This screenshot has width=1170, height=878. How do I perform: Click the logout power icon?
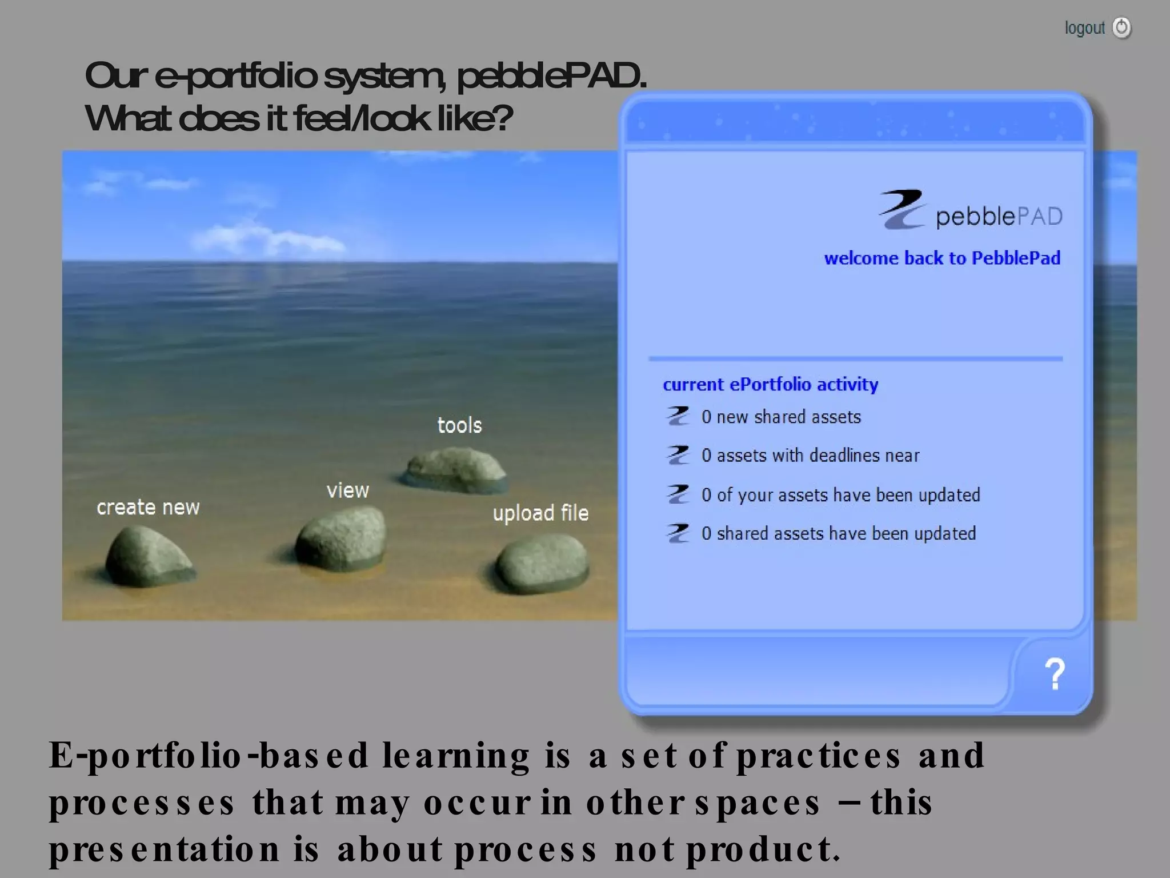pyautogui.click(x=1121, y=27)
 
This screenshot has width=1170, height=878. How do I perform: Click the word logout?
pyautogui.click(x=1084, y=28)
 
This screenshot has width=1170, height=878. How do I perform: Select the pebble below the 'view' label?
pyautogui.click(x=342, y=538)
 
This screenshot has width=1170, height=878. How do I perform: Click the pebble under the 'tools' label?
pyautogui.click(x=455, y=469)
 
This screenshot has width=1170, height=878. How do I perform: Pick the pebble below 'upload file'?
pyautogui.click(x=542, y=564)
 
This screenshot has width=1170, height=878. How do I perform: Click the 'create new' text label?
pyautogui.click(x=148, y=508)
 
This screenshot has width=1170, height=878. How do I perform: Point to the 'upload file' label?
pyautogui.click(x=540, y=513)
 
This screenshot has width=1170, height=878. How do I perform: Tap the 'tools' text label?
pyautogui.click(x=459, y=425)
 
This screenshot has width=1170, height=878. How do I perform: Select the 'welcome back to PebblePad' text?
pyautogui.click(x=941, y=258)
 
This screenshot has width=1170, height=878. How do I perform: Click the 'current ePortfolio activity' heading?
pyautogui.click(x=770, y=385)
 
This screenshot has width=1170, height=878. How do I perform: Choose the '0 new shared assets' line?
pyautogui.click(x=781, y=417)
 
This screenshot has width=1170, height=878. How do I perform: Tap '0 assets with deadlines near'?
pyautogui.click(x=810, y=456)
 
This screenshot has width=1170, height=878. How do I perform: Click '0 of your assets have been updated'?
pyautogui.click(x=840, y=495)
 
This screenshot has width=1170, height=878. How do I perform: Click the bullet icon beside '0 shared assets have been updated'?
pyautogui.click(x=678, y=533)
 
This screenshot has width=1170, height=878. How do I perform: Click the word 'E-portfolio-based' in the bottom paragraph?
pyautogui.click(x=209, y=756)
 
